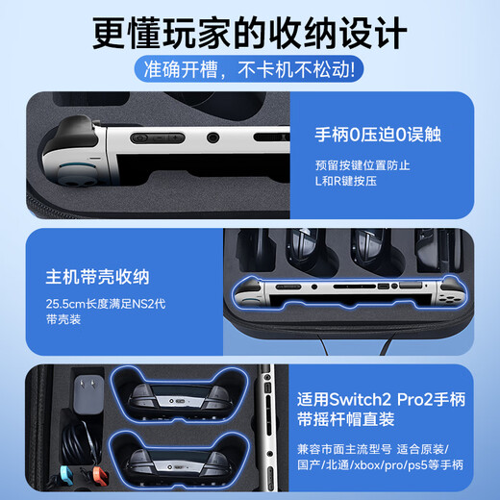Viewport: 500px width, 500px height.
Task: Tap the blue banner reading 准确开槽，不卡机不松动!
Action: point(250,69)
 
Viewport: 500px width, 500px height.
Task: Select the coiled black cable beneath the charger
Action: point(77,437)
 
